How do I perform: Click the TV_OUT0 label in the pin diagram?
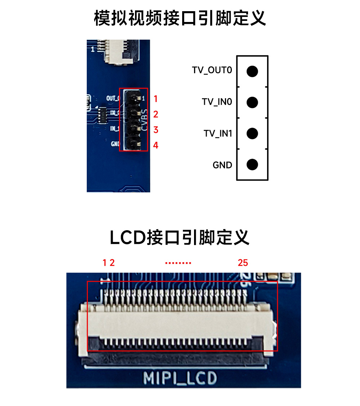point(212,70)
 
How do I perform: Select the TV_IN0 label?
point(217,102)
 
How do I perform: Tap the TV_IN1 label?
point(218,134)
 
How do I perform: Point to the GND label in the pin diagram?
point(222,165)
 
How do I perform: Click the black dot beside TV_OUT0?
point(252,71)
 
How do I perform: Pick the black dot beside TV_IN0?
point(252,102)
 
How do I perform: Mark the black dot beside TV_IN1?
point(252,134)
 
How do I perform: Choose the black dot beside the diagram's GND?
point(252,165)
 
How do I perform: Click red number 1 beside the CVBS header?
point(156,98)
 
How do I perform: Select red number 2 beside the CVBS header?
point(156,115)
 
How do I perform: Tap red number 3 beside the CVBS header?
point(156,130)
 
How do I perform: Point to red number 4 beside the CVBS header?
point(156,146)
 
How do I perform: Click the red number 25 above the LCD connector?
point(243,263)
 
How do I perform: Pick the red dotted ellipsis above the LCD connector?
point(178,263)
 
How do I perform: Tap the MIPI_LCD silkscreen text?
point(180,378)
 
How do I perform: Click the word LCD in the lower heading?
point(127,238)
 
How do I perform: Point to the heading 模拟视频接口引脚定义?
point(180,18)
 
